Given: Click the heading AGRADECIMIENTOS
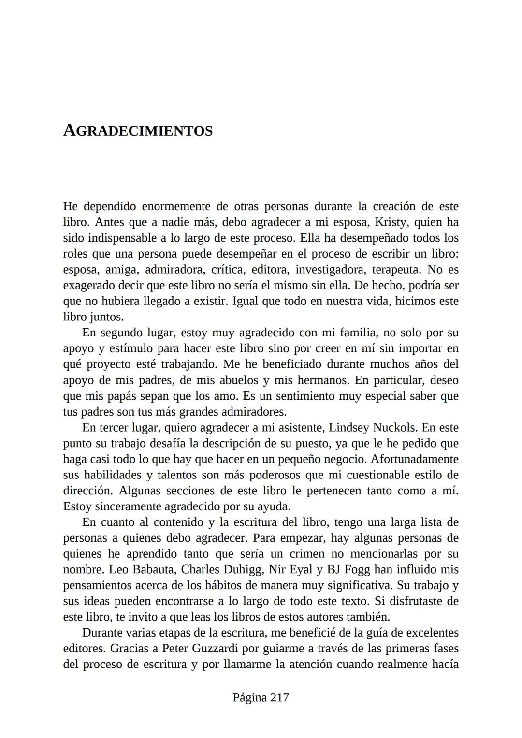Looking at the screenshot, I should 138,131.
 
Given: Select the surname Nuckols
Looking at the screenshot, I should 393,428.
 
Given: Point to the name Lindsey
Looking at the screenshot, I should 349,428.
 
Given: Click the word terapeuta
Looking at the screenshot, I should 396,270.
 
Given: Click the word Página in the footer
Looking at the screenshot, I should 249,697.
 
